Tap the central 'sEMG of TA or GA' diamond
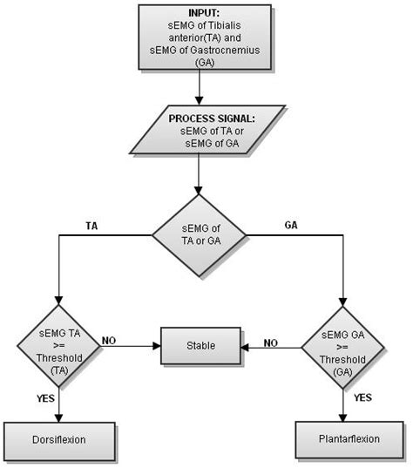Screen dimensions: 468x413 tap(200, 235)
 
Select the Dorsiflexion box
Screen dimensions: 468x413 tap(60, 439)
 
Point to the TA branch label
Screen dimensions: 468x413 tap(91, 224)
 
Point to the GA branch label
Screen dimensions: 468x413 tap(292, 224)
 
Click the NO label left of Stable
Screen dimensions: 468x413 tap(110, 340)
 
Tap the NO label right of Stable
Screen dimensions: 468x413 tap(272, 343)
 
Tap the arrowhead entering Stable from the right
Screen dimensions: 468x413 tap(244, 347)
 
